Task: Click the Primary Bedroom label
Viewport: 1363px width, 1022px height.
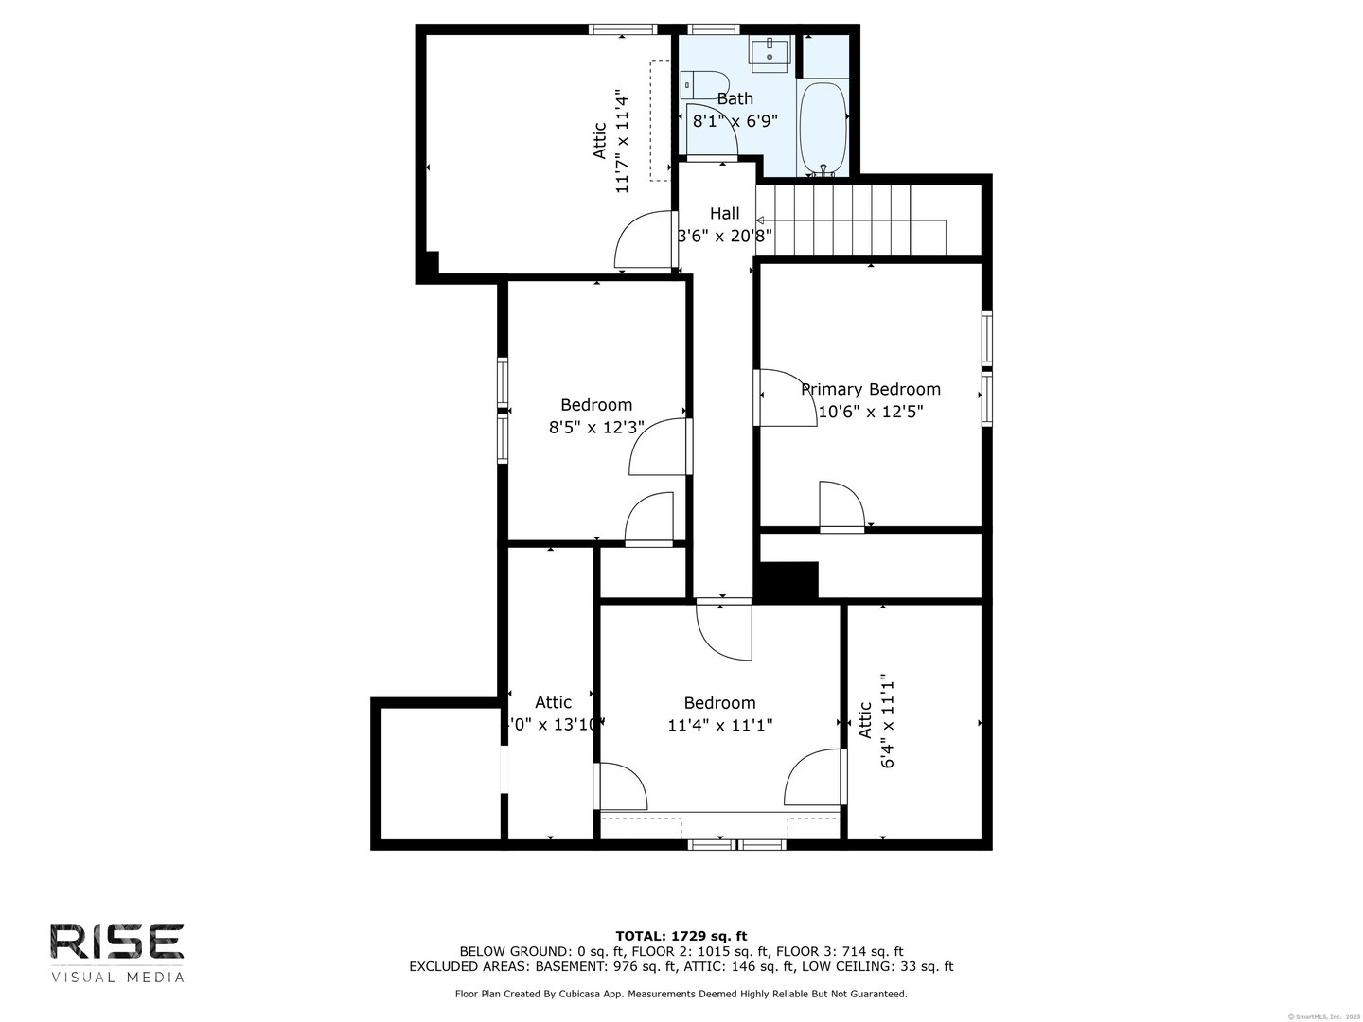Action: pyautogui.click(x=871, y=389)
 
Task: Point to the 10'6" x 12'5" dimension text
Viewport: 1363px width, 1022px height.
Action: pyautogui.click(x=871, y=412)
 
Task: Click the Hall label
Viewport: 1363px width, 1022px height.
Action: pyautogui.click(x=725, y=213)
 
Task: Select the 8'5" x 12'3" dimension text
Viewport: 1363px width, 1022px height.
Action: pyautogui.click(x=596, y=427)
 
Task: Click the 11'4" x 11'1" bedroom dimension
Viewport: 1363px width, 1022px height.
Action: pyautogui.click(x=720, y=726)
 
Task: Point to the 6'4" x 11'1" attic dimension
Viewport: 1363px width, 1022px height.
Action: pyautogui.click(x=888, y=721)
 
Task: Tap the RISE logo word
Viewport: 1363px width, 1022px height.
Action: pyautogui.click(x=116, y=942)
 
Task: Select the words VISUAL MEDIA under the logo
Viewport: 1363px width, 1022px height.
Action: pyautogui.click(x=117, y=977)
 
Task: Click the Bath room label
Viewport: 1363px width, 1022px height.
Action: pyautogui.click(x=735, y=98)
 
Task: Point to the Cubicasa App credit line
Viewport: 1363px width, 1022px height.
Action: pyautogui.click(x=681, y=994)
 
